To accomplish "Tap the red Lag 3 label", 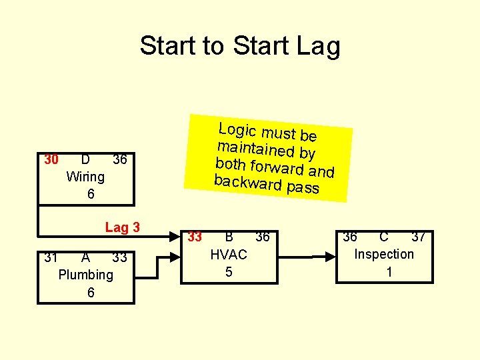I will point(122,227).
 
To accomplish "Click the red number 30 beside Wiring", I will point(51,160).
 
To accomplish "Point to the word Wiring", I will point(85,177).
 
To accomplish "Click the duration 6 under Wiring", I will point(91,194).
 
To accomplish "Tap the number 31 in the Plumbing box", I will point(51,257).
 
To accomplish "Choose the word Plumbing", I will point(86,275).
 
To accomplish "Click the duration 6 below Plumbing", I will point(91,293).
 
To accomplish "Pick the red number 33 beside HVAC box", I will point(195,237).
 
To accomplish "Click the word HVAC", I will point(229,255).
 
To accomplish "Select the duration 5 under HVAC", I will point(229,272).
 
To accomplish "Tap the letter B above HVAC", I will point(229,237).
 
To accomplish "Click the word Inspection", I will point(384,254).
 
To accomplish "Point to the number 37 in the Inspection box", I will point(418,237).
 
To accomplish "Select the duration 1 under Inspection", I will point(389,272).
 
